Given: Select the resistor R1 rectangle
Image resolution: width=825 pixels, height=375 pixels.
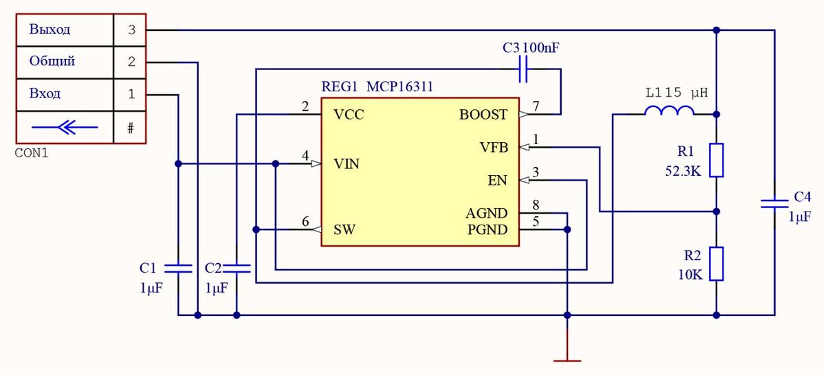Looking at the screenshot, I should [716, 160].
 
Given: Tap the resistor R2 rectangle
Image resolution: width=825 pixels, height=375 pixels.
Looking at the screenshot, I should [716, 264].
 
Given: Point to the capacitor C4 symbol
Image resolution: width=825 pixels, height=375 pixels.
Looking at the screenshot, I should [774, 203].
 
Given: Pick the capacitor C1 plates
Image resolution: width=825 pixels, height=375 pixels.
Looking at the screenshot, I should [178, 267].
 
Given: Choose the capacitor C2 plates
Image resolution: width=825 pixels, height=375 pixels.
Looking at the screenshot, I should [236, 267].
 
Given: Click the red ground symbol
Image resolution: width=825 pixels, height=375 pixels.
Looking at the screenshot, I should [567, 359].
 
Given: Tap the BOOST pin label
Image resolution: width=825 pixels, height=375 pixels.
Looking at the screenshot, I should [483, 115].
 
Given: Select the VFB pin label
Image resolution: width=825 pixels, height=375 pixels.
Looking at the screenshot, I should [493, 148].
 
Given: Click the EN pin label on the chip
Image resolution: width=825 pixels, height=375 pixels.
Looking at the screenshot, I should [497, 181].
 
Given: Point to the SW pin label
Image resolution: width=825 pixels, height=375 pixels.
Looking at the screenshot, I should [344, 229].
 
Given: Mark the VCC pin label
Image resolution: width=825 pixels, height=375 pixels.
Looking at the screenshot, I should [349, 115].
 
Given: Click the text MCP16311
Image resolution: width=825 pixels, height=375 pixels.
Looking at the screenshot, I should [399, 87].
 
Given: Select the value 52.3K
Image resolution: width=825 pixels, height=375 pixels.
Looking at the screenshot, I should [683, 172].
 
